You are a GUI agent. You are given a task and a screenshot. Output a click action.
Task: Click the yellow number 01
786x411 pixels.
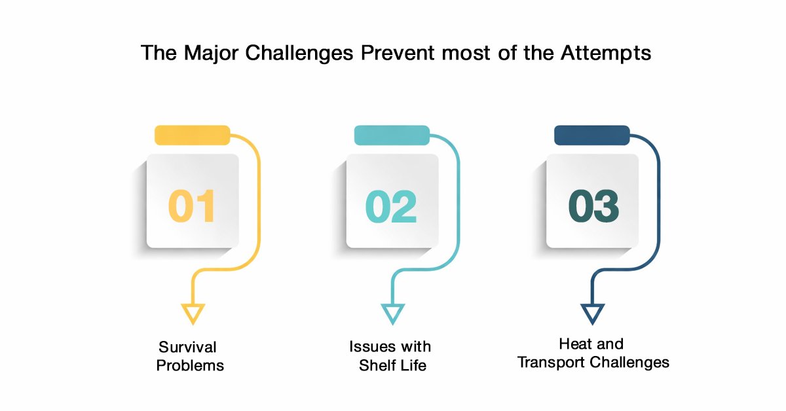coord(191,206)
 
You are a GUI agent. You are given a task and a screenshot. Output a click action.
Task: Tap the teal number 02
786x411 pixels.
coord(391,207)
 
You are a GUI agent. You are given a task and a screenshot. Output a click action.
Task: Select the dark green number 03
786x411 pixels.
coord(593,206)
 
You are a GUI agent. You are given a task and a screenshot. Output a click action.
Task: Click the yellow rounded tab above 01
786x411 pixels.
coord(193,135)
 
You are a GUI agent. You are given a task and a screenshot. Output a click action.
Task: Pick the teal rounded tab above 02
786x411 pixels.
coord(392,135)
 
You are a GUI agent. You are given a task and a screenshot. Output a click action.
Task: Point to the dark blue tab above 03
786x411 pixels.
coord(592,135)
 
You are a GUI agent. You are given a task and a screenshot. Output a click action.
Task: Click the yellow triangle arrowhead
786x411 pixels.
coord(193,314)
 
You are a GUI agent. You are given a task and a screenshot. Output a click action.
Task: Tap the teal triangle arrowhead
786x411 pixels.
coord(392,314)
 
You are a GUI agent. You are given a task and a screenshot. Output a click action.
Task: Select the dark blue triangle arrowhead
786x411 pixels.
coord(593,314)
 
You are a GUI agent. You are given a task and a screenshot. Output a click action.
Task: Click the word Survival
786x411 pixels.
coord(187,347)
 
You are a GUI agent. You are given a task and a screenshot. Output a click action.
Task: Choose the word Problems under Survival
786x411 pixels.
coord(190,365)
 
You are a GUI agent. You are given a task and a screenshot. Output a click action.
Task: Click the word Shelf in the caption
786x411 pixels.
coord(377,365)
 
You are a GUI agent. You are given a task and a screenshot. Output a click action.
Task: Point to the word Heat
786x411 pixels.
coord(574,344)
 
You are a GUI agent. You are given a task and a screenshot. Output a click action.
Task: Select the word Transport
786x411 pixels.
coord(552,363)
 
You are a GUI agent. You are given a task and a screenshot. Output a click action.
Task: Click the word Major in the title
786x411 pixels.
coord(211,53)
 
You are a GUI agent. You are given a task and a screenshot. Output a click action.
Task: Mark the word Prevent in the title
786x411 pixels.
coord(398,53)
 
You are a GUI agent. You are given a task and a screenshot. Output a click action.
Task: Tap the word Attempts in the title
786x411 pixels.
coord(606,53)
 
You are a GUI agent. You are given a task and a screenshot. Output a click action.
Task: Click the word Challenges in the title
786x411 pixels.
coord(299,53)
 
